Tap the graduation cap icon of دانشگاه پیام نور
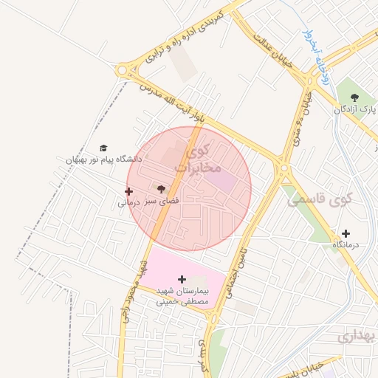(x=103, y=148)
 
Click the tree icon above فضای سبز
(x=162, y=189)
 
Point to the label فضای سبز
(x=162, y=200)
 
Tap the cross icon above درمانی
(x=128, y=191)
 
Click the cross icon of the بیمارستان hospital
(x=182, y=279)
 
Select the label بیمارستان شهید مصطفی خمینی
(x=182, y=296)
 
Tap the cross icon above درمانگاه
(x=346, y=233)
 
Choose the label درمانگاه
(x=346, y=244)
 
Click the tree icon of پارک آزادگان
(x=355, y=97)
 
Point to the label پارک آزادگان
(x=354, y=109)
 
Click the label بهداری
(x=354, y=337)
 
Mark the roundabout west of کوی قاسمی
(x=283, y=168)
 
